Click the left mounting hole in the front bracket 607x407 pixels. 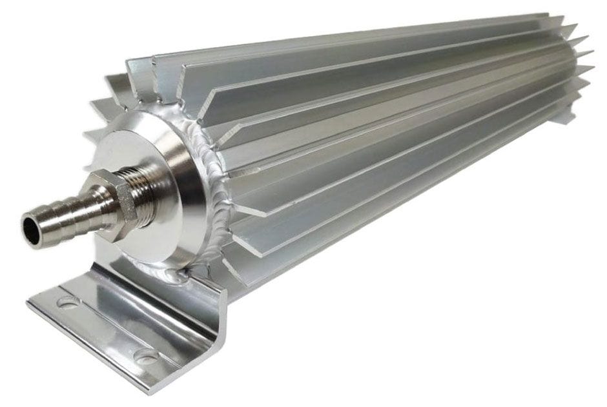pyautogui.click(x=66, y=301)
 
